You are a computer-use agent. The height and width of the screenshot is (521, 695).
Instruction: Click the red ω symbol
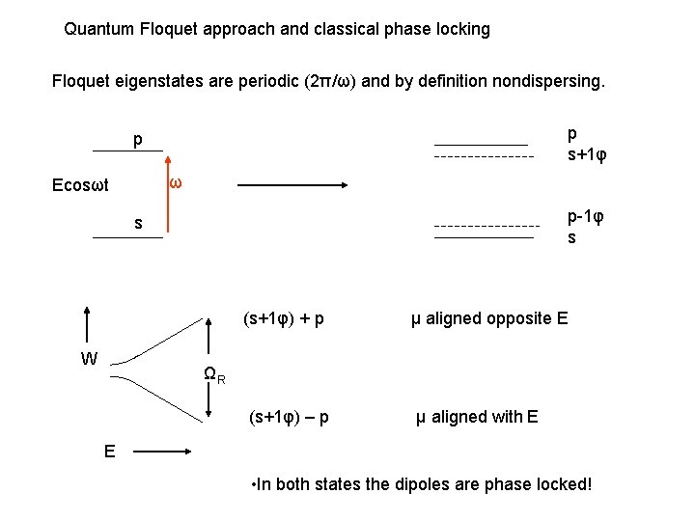coord(175,184)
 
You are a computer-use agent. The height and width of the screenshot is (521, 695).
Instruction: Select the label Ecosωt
coord(80,185)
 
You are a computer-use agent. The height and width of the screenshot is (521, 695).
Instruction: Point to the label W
coord(89,359)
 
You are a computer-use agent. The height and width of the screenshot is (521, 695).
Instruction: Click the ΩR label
coord(214,375)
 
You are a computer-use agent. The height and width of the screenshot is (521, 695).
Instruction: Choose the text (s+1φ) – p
coord(289,417)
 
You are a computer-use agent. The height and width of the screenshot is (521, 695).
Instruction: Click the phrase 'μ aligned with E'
coord(477,417)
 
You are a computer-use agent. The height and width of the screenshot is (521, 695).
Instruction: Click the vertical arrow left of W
coord(88,328)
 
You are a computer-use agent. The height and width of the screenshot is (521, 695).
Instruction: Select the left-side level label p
coord(138,140)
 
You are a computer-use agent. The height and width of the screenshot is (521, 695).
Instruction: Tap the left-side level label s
coord(138,224)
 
